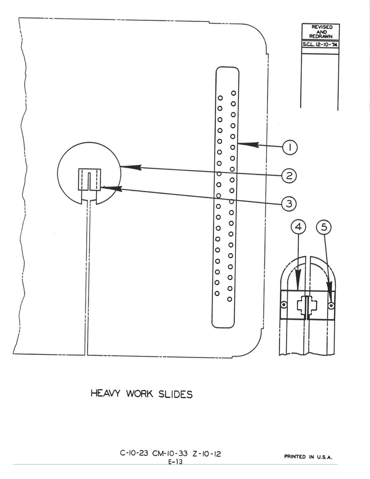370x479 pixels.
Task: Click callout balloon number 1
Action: coord(290,147)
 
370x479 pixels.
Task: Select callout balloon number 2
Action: coord(289,176)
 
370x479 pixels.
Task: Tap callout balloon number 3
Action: coord(289,204)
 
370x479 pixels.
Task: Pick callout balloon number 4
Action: coord(298,227)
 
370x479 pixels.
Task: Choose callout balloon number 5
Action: coord(324,227)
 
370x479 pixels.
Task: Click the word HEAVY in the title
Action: coord(106,393)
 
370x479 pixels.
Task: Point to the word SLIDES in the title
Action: coord(175,395)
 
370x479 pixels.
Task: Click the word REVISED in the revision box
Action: coord(322,27)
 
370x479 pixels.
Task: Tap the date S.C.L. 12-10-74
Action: coord(320,44)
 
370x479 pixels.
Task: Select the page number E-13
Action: coord(175,462)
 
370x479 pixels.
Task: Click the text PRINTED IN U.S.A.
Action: coord(308,457)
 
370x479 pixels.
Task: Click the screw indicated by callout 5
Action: coord(331,306)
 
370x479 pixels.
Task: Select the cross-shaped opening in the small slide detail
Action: coord(307,305)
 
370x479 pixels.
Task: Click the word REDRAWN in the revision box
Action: coord(321,36)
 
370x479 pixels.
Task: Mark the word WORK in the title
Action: coord(139,394)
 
